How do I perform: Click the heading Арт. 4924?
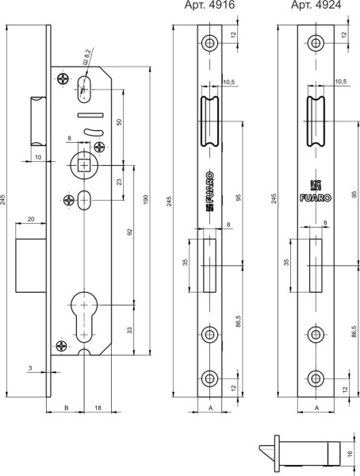pyautogui.click(x=312, y=6)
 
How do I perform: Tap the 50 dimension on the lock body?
pyautogui.click(x=120, y=125)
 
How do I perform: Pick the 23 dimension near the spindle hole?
pyautogui.click(x=120, y=182)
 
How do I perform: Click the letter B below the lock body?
pyautogui.click(x=66, y=407)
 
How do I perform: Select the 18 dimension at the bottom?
pyautogui.click(x=97, y=407)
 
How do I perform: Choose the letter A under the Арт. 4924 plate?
pyautogui.click(x=316, y=407)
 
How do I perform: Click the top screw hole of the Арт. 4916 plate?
pyautogui.click(x=210, y=42)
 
